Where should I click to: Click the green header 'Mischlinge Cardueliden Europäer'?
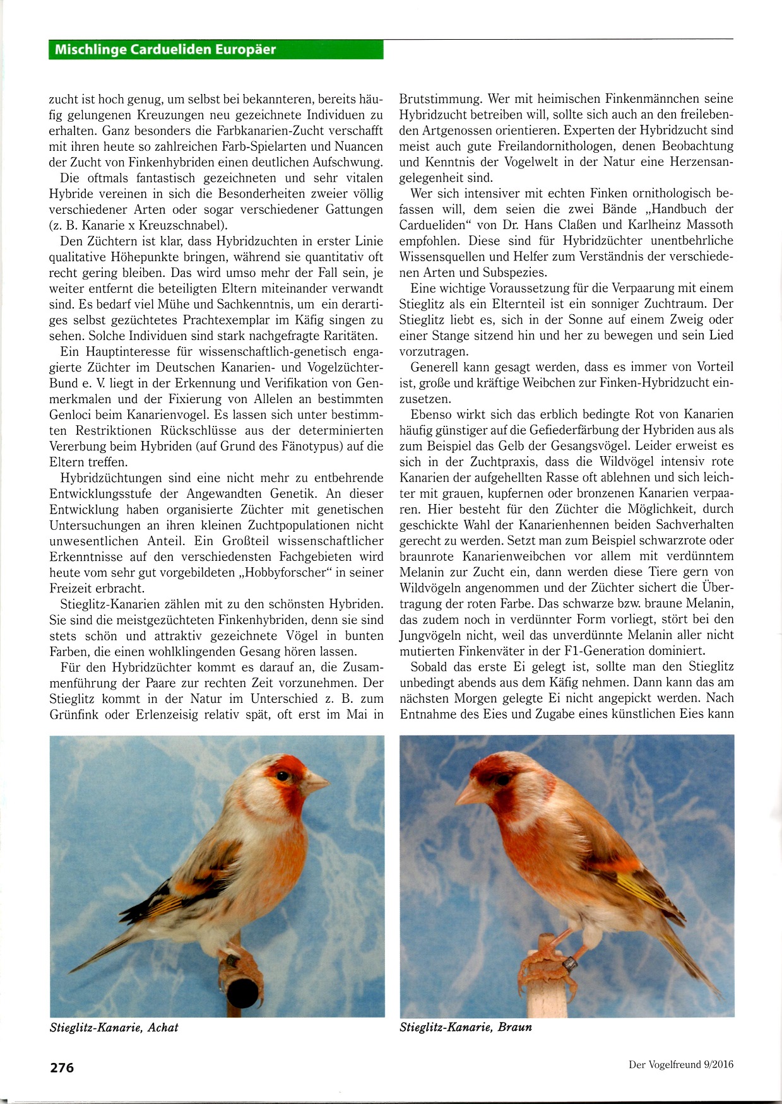(x=165, y=50)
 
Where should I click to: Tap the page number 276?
(x=62, y=1067)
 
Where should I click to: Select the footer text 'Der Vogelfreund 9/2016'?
(x=681, y=1064)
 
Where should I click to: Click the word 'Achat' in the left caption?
(x=163, y=1028)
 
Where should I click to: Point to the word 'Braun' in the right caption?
(x=514, y=1027)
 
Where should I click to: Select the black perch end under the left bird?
(x=243, y=992)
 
